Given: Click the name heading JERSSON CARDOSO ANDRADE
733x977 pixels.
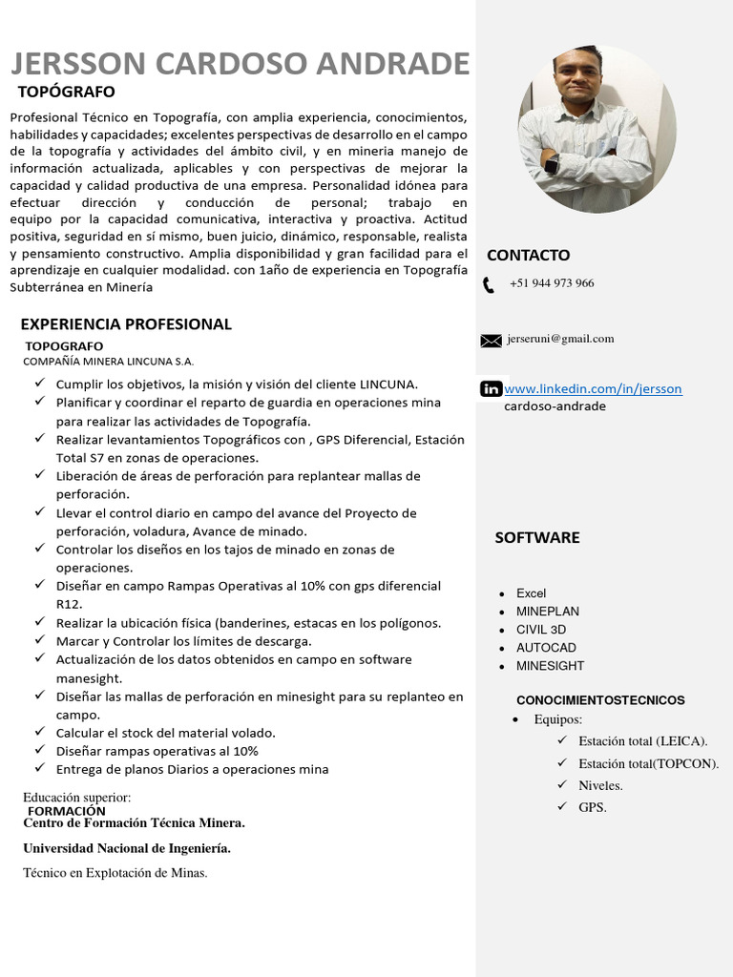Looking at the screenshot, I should [240, 64].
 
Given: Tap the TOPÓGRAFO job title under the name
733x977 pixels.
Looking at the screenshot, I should [67, 93].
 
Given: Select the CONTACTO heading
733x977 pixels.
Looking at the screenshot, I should [528, 256].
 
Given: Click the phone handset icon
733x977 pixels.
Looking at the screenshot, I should [489, 284].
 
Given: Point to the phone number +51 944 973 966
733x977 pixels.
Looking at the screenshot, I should [552, 283].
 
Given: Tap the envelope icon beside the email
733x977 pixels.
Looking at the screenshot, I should [491, 340].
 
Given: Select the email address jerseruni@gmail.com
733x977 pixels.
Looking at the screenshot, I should [560, 339].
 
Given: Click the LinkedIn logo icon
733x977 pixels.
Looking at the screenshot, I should [491, 388].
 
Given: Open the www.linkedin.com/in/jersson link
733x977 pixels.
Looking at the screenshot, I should [593, 389].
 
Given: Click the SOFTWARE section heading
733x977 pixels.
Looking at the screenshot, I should [536, 538].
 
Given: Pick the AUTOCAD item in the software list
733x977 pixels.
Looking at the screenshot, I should [546, 648].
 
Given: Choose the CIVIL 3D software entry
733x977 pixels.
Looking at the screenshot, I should [541, 630].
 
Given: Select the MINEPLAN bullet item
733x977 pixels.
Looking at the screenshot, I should [548, 612].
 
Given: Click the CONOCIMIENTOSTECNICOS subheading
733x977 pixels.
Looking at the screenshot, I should [600, 700].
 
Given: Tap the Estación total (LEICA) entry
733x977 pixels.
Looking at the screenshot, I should [642, 741].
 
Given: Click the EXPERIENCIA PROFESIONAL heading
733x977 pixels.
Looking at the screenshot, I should [126, 324].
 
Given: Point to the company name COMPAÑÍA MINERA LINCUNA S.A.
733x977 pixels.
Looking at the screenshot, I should [108, 362].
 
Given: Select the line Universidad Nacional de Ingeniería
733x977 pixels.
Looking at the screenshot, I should [127, 848].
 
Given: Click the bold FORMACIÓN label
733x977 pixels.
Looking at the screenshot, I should [67, 811].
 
